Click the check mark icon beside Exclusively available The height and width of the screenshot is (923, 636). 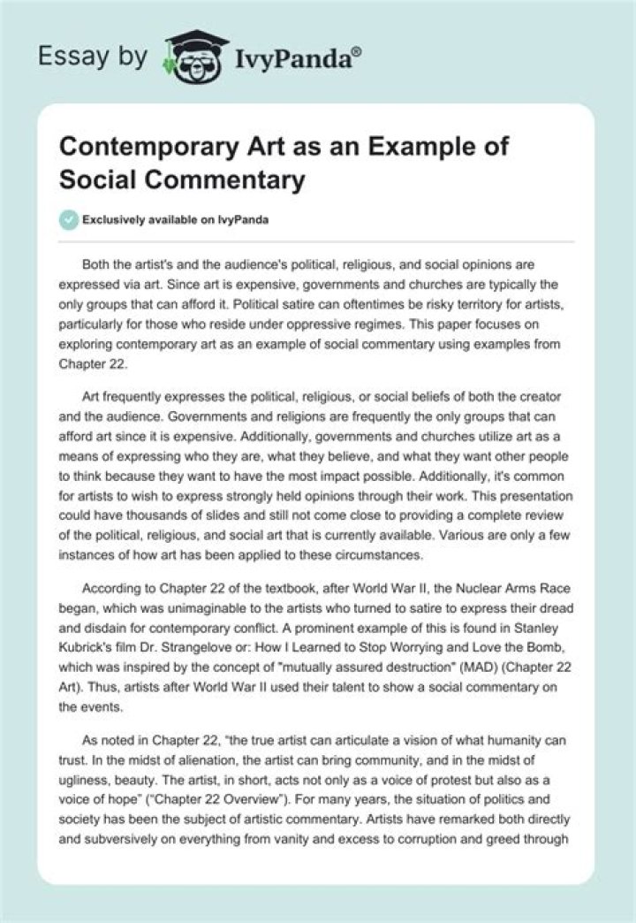point(66,218)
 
